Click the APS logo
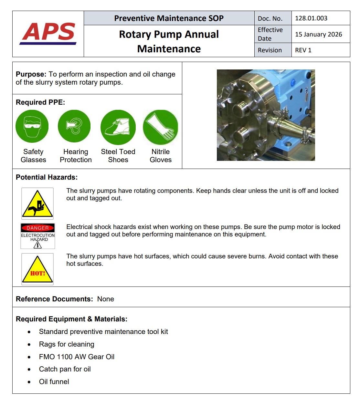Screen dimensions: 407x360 [48, 33]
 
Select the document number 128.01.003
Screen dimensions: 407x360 [311, 18]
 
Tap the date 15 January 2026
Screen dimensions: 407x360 [318, 34]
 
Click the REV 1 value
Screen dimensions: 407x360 [303, 50]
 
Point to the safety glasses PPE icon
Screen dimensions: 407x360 [32, 126]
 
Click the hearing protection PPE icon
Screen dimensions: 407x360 [74, 126]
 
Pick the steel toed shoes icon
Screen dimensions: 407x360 [118, 127]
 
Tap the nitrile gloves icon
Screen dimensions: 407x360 [160, 127]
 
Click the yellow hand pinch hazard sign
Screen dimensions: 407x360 [37, 204]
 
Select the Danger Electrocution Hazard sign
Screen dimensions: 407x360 [38, 236]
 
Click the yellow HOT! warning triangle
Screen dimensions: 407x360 [37, 269]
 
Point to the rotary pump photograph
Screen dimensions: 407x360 [266, 115]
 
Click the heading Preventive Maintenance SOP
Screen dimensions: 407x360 [169, 18]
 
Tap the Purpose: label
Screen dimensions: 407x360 [31, 74]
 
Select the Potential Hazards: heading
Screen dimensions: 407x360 [47, 177]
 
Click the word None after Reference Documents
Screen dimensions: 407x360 [105, 299]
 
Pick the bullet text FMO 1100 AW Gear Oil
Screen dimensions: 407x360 [77, 357]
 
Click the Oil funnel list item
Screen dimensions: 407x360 [54, 382]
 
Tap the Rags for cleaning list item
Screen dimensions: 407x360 [67, 344]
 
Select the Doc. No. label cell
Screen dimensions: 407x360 [270, 18]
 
